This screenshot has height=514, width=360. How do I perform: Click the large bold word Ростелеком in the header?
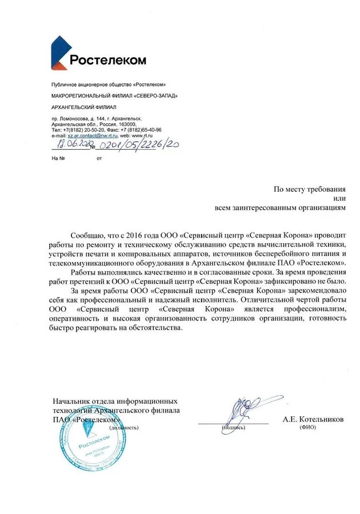pyautogui.click(x=108, y=60)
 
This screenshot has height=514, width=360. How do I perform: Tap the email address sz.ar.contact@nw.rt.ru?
pyautogui.click(x=93, y=135)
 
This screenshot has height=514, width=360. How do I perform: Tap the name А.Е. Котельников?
pyautogui.click(x=313, y=419)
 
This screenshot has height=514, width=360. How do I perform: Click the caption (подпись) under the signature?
pyautogui.click(x=233, y=427)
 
